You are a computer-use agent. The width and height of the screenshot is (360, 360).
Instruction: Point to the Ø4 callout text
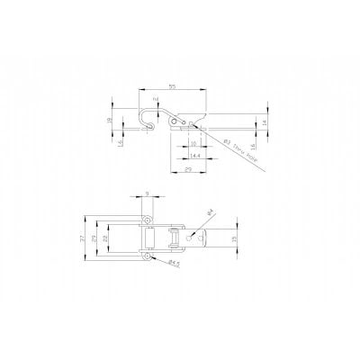click(x=210, y=211)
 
